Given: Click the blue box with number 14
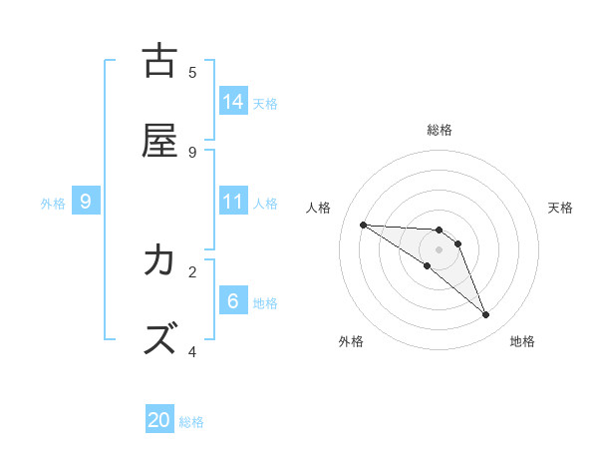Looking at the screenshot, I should coord(233,101).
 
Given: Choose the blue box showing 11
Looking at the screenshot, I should coord(233,202).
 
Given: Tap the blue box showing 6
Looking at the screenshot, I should coord(233,301).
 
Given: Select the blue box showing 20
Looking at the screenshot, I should coord(159,420).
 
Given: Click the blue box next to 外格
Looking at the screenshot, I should coord(86,202).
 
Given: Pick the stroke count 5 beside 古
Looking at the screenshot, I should coord(192,72).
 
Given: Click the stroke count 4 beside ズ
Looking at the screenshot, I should coord(192,351).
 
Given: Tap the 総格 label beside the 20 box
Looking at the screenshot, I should coord(192,422).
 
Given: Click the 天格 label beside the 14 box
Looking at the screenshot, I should coord(265,103).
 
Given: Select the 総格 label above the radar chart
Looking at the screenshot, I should coord(439,130).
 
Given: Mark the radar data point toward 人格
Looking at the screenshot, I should coord(363,225).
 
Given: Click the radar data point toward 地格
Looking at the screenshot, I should coord(485,315).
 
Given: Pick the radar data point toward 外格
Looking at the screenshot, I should coord(427,265).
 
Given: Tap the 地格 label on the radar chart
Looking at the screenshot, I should coord(522,341).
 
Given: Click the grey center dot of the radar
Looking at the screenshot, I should coord(439,249).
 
